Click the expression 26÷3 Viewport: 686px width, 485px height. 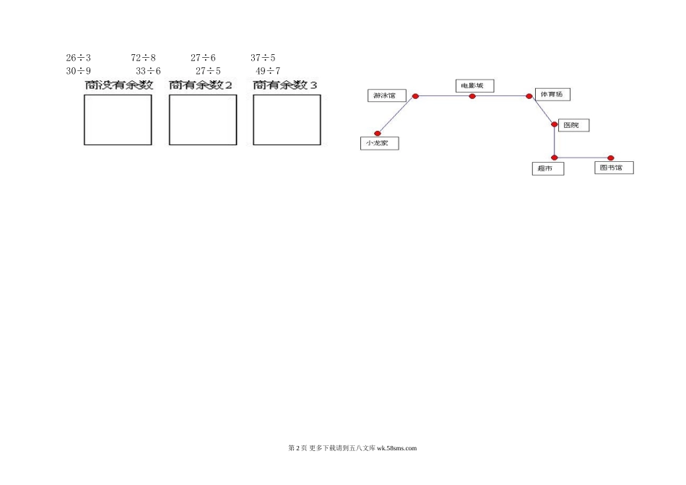click(78, 58)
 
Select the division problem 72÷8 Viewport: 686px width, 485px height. click(143, 58)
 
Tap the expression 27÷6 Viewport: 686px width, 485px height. click(203, 58)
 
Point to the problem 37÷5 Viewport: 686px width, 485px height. click(263, 58)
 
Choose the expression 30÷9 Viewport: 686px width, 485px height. click(78, 71)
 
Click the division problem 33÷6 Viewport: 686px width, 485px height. click(148, 71)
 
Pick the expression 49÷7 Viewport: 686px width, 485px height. click(268, 71)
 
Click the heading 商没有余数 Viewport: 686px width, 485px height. click(119, 85)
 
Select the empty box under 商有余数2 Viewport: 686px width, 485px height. click(203, 120)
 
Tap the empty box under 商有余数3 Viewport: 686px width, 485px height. click(287, 120)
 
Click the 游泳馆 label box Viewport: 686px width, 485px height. click(387, 95)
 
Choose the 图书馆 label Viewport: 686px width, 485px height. click(615, 168)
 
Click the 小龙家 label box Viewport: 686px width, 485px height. click(380, 143)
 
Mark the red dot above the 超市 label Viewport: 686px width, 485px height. click(555, 158)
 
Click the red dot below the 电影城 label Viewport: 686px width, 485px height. click(472, 96)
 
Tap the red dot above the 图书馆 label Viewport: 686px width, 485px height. click(611, 158)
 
